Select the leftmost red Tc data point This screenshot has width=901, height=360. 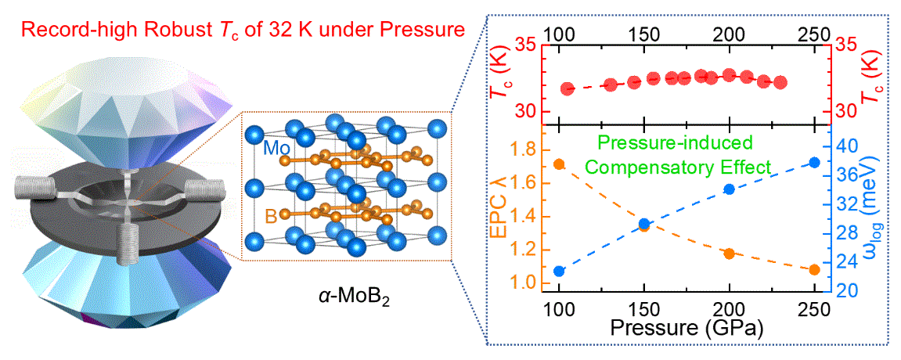[568, 88]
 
